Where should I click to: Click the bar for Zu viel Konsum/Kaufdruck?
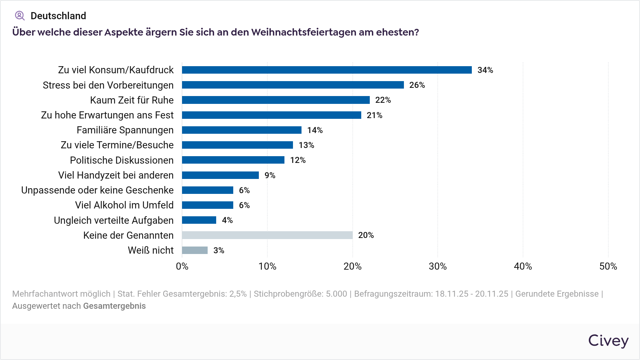click(327, 70)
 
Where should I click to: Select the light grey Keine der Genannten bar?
click(267, 235)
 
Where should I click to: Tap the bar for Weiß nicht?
click(194, 250)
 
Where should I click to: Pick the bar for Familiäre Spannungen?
click(242, 130)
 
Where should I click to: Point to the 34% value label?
click(485, 70)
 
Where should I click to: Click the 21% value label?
click(374, 115)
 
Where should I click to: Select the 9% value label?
click(270, 175)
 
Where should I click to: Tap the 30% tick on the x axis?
click(438, 266)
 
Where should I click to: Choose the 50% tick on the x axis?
click(608, 266)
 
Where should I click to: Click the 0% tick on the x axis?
click(182, 266)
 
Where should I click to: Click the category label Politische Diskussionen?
click(122, 160)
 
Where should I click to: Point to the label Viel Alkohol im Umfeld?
click(124, 205)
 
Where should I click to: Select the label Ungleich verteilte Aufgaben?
click(113, 221)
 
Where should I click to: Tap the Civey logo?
click(608, 340)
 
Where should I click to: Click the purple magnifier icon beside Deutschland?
click(20, 16)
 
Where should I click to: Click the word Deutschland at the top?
click(58, 16)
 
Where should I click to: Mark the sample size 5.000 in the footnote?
click(336, 294)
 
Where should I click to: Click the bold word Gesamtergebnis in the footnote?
click(114, 306)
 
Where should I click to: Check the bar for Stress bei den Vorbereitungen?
click(293, 85)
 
